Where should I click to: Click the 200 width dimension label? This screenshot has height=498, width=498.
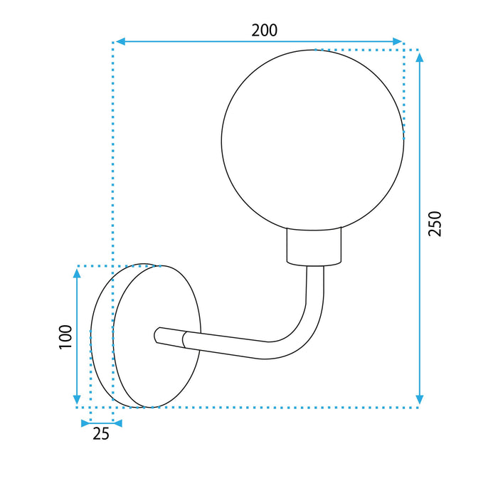(264, 30)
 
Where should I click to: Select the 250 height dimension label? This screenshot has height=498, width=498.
(435, 224)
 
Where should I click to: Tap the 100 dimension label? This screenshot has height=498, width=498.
(65, 336)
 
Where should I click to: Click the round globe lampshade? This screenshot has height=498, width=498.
(312, 139)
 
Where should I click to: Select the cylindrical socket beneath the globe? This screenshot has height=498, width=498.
(313, 246)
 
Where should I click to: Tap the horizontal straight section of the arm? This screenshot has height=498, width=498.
(228, 344)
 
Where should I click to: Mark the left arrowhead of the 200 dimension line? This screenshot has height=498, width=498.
(120, 42)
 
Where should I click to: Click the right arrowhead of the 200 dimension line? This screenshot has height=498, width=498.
(398, 42)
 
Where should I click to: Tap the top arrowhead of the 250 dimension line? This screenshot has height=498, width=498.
(420, 55)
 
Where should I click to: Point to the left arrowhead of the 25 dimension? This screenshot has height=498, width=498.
(84, 423)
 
